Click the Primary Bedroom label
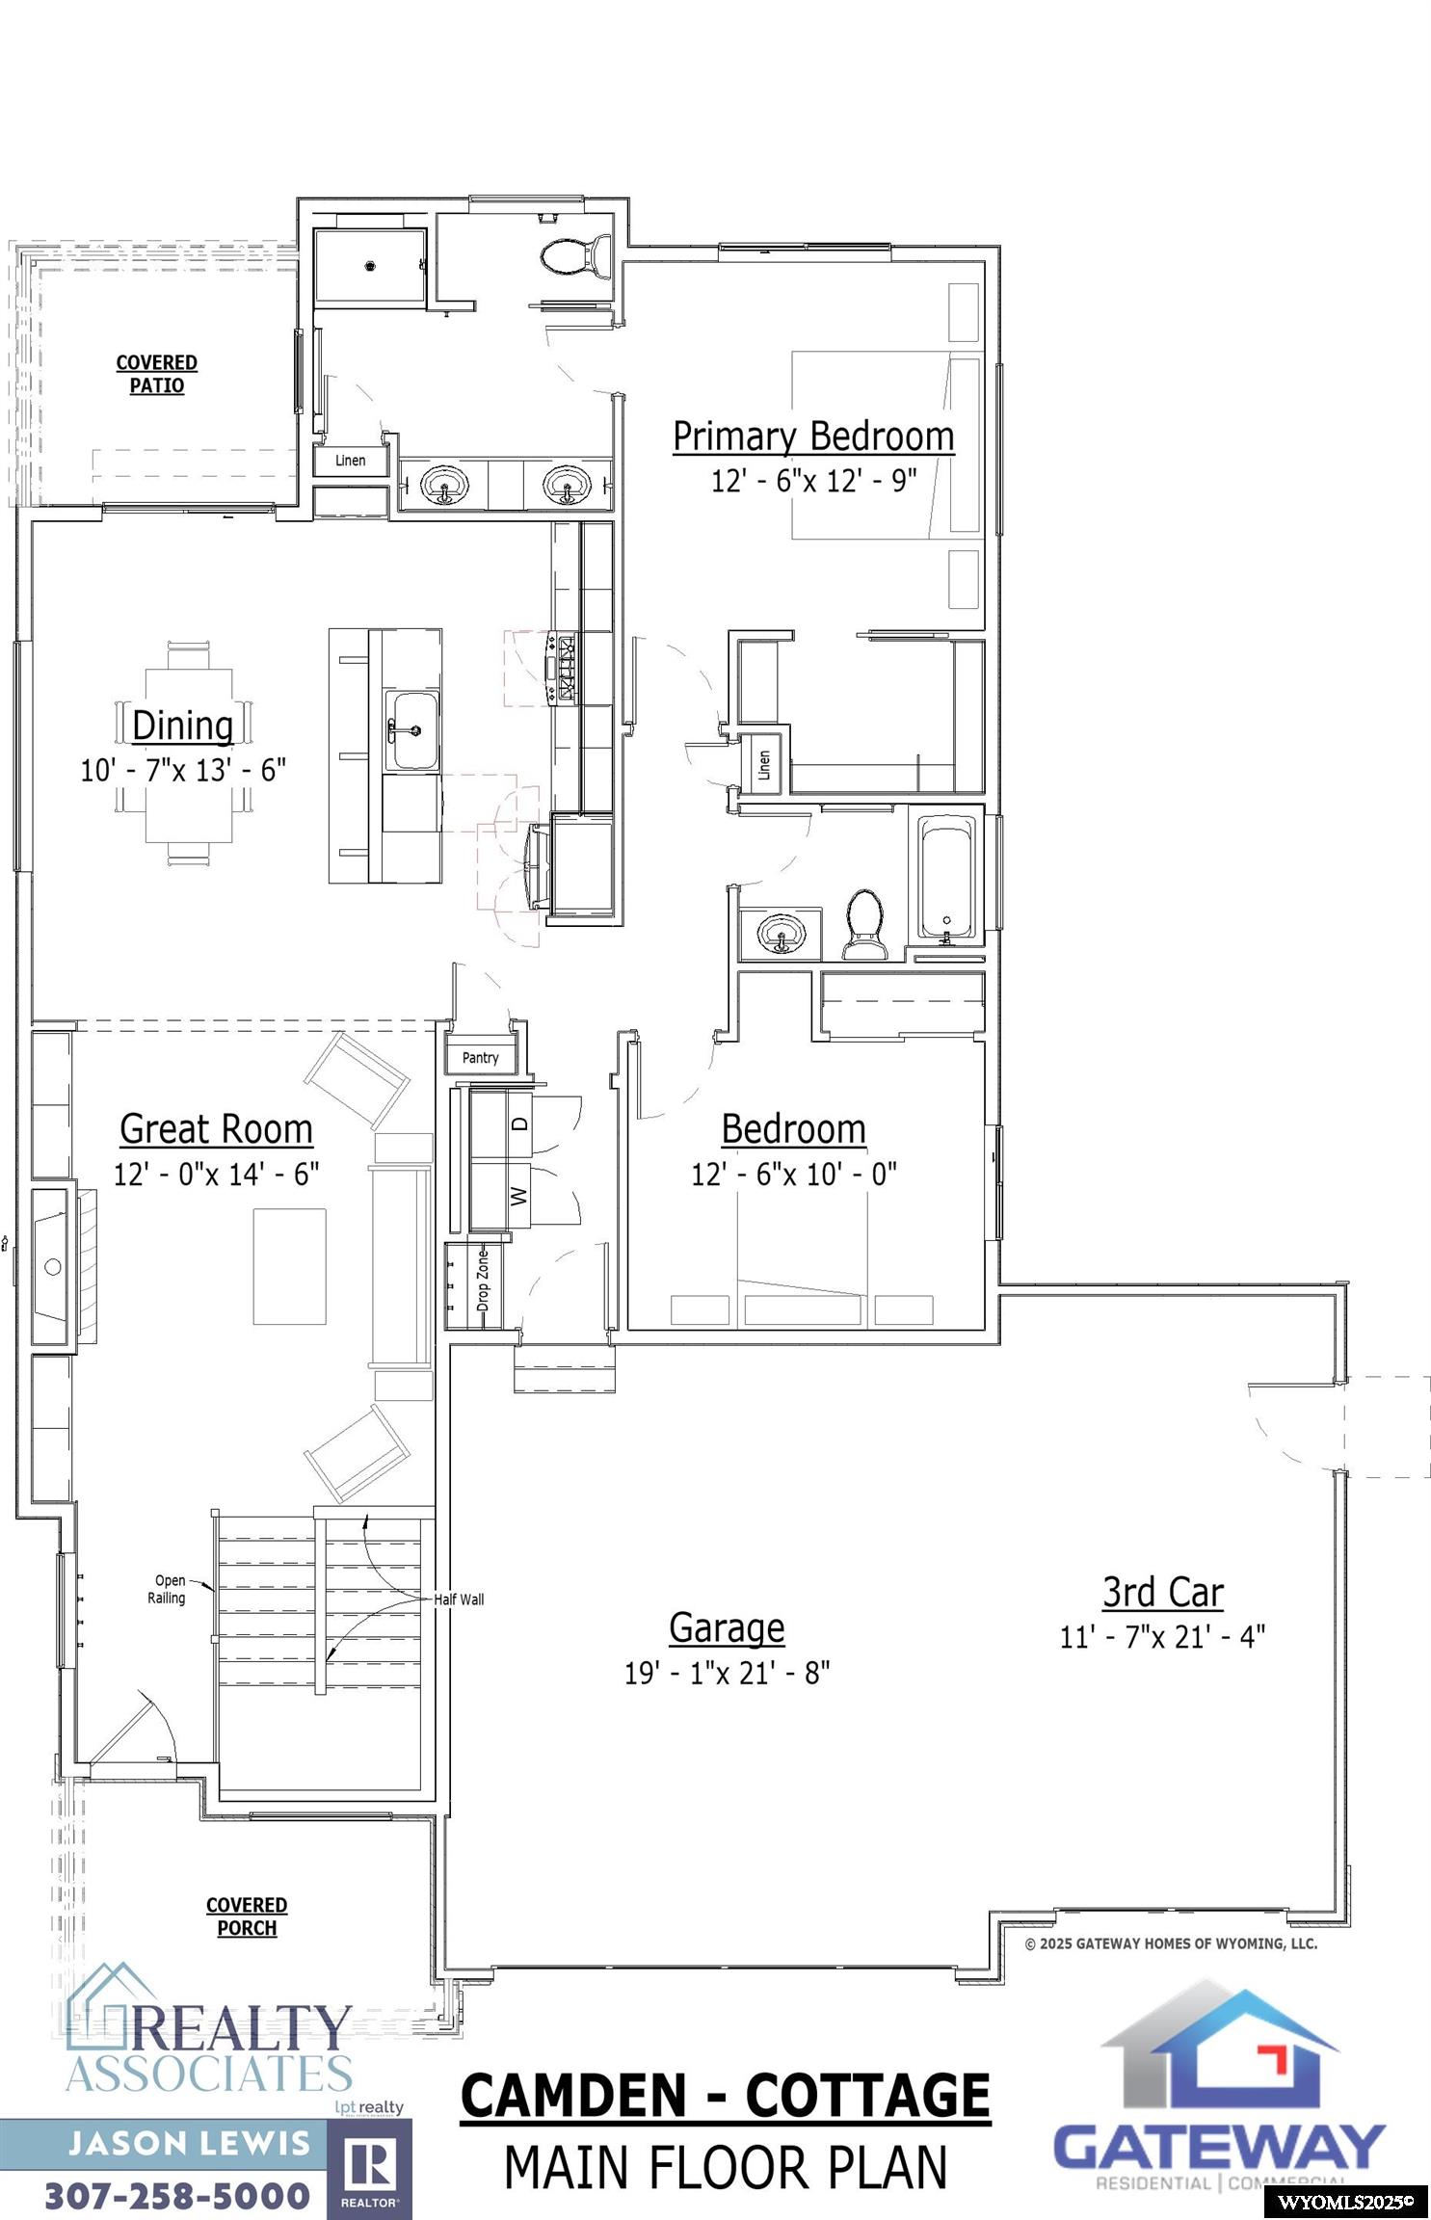[x=812, y=436]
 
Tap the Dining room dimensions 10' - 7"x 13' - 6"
[x=183, y=770]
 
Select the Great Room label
[x=216, y=1128]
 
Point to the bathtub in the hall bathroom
[x=946, y=876]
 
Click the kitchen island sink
[x=413, y=729]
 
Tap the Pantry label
[x=480, y=1058]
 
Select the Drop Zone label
[x=483, y=1281]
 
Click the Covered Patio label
[x=157, y=374]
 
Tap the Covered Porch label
[x=247, y=1916]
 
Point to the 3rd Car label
[x=1162, y=1592]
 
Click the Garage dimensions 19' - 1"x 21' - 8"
[x=727, y=1672]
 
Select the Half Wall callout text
[x=459, y=1599]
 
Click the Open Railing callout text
[x=168, y=1589]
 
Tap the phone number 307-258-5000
[x=177, y=2195]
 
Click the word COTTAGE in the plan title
[x=866, y=2095]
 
